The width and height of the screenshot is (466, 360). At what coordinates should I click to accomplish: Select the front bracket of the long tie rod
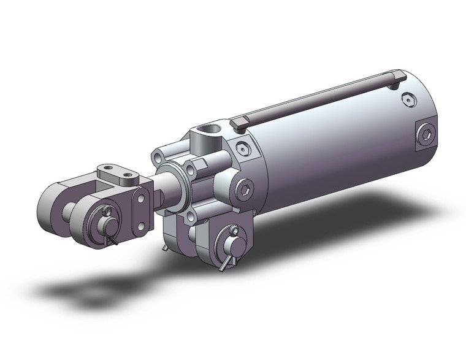pos(240,121)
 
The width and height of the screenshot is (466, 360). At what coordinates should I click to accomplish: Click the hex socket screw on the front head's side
pos(245,188)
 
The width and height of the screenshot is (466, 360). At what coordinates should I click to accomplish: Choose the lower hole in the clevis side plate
pos(142,226)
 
